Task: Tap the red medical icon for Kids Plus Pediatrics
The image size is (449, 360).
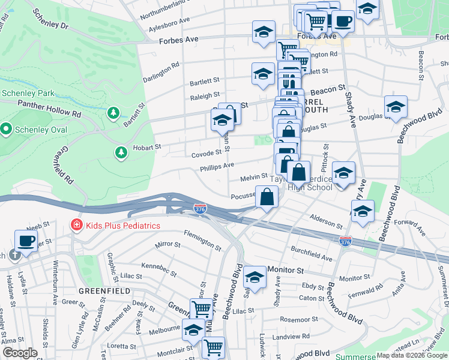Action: (x=76, y=226)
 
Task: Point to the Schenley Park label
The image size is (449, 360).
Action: (x=28, y=93)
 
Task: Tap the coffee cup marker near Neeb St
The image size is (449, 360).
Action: (x=26, y=241)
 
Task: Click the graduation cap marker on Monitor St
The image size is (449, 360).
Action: (x=255, y=278)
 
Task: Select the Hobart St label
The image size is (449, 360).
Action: (x=150, y=146)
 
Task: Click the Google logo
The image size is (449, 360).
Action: (x=20, y=353)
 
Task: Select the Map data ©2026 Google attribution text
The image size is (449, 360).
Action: (x=411, y=355)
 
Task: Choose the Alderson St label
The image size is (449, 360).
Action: (x=325, y=221)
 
